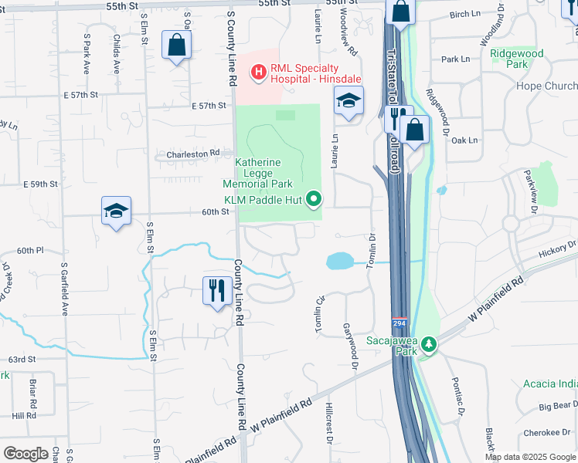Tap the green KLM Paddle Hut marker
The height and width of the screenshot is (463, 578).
[x=314, y=200]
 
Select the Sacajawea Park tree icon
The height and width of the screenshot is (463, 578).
[x=427, y=345]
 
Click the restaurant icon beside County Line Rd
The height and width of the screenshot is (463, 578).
[x=214, y=291]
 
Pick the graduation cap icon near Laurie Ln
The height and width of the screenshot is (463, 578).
[x=348, y=100]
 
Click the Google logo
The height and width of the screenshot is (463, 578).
[x=26, y=453]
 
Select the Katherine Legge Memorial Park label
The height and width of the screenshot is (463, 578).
[x=258, y=173]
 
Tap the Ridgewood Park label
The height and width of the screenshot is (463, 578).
[x=517, y=59]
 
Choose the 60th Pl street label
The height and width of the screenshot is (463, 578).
[x=30, y=251]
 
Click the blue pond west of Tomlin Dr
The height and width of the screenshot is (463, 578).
[x=340, y=262]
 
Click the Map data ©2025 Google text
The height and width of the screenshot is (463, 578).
[x=529, y=457]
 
